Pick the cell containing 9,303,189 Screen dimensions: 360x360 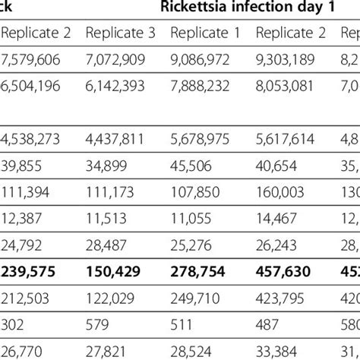point(289,60)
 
